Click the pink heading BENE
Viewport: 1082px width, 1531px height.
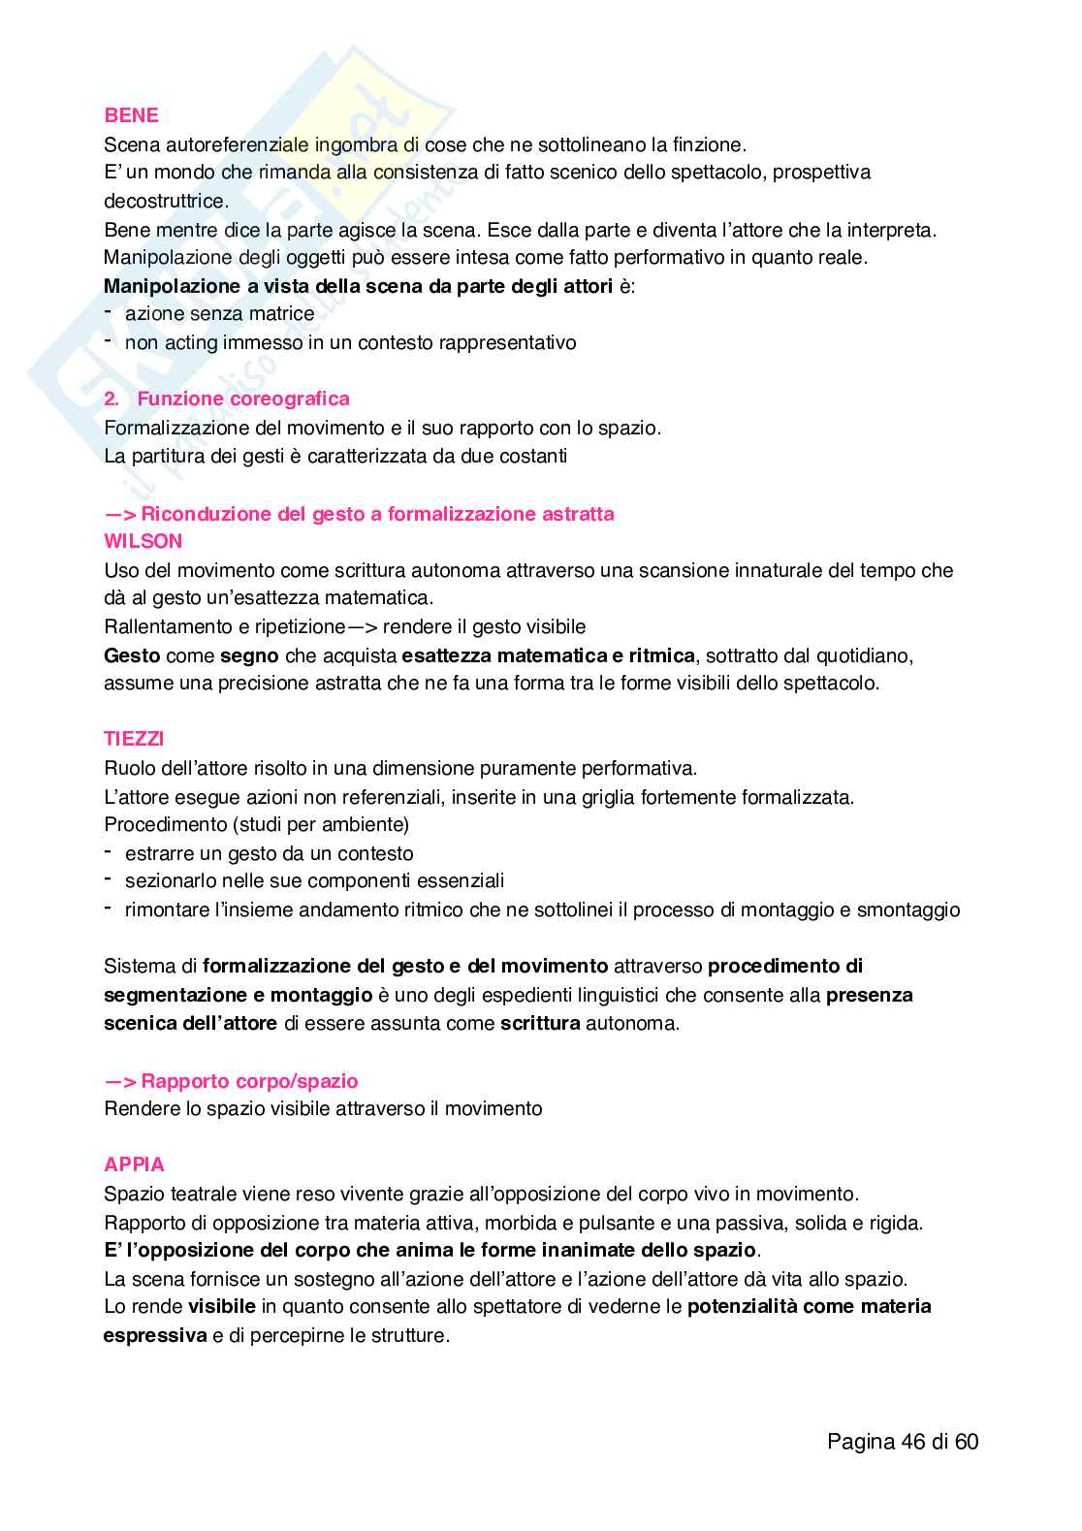131,115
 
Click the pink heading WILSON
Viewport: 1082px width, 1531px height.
143,541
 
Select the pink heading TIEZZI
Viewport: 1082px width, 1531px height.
134,739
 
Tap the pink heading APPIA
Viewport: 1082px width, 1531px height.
134,1164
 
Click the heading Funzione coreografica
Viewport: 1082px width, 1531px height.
242,399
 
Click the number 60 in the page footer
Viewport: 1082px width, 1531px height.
967,1442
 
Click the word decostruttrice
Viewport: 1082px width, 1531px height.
166,201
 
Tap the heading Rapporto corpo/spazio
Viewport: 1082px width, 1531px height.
249,1081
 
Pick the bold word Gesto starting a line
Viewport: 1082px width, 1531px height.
132,655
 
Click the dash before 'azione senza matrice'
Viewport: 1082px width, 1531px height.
108,312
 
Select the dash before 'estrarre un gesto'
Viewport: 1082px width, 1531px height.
108,852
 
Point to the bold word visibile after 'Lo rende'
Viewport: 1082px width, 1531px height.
222,1306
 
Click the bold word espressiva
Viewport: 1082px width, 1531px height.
155,1335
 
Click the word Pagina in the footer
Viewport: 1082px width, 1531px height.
861,1442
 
